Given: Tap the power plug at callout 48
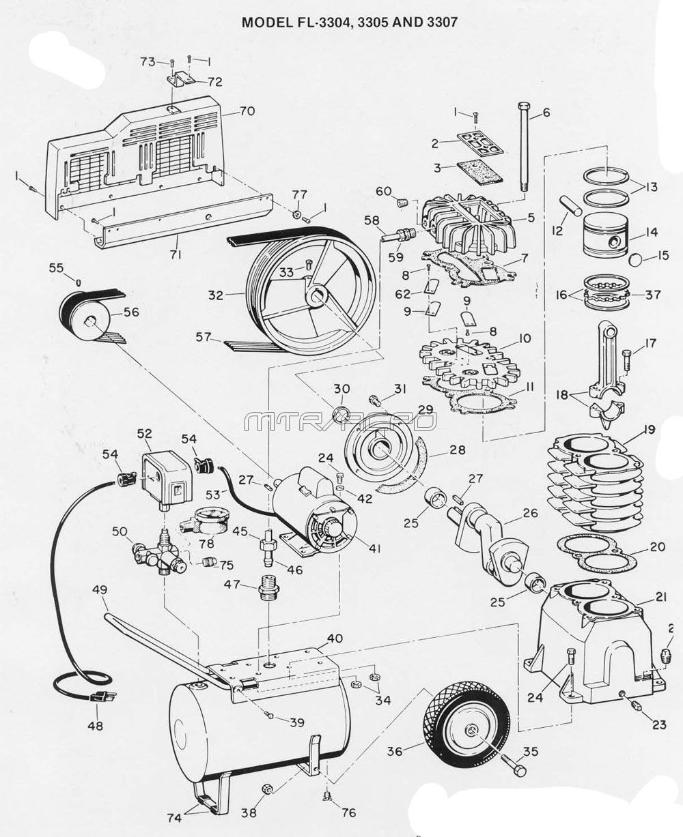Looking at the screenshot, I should pos(102,697).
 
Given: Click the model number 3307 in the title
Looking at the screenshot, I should pos(438,22).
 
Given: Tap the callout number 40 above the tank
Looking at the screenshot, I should pos(335,638).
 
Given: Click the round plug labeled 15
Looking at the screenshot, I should pos(635,260).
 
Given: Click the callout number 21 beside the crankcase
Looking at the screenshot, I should pos(660,598).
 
